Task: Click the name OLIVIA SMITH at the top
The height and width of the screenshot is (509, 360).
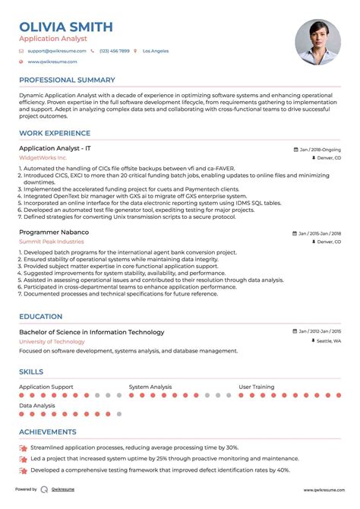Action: click(66, 27)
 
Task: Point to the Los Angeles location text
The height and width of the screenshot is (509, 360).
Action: click(156, 51)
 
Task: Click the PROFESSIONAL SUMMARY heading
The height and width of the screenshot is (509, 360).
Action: click(67, 80)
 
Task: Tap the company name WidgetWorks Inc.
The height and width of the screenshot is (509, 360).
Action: click(48, 158)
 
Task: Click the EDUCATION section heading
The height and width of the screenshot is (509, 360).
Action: click(41, 316)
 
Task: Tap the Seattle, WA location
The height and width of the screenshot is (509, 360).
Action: click(329, 341)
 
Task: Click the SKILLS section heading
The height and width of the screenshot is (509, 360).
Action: click(31, 371)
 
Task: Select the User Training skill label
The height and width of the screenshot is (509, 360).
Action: click(257, 387)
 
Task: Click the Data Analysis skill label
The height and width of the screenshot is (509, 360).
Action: click(37, 406)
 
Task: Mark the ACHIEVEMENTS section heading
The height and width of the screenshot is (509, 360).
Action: click(49, 432)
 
